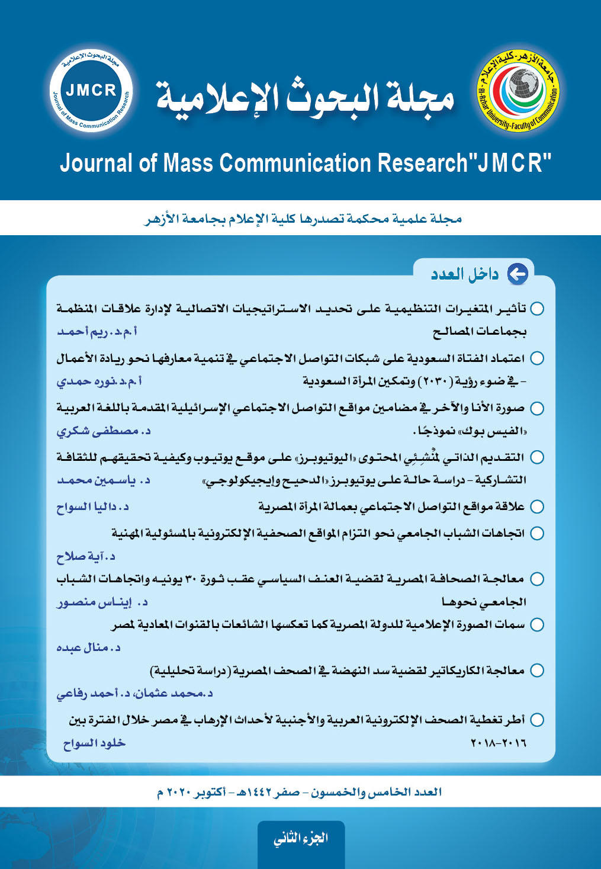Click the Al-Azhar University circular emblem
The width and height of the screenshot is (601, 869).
[x=518, y=92]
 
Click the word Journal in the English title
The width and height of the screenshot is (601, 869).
[x=95, y=163]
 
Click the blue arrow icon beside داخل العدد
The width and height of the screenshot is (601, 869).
[x=518, y=274]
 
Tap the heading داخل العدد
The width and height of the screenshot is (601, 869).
[x=465, y=274]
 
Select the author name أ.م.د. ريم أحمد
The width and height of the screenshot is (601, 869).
[x=97, y=331]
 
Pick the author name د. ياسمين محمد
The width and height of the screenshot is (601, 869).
[x=103, y=480]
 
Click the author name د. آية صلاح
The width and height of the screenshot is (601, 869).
[x=86, y=556]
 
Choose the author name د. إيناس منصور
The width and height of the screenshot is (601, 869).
[x=102, y=602]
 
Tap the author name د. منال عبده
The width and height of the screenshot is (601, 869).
[x=88, y=647]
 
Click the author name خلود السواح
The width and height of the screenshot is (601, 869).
[x=94, y=743]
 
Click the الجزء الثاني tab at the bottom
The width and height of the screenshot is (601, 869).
[x=301, y=838]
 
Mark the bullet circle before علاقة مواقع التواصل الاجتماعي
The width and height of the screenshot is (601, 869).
[x=537, y=506]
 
